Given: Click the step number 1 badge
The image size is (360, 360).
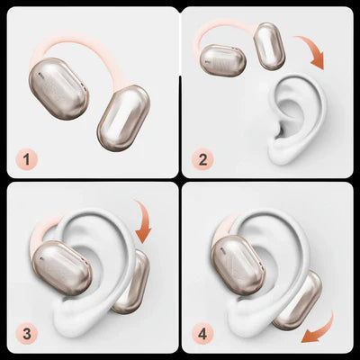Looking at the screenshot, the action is click(27, 159).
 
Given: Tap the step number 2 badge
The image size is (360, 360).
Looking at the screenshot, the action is click(202, 159).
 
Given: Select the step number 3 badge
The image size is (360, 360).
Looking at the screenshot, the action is click(27, 334).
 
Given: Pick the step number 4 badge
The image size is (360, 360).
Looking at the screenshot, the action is click(202, 334).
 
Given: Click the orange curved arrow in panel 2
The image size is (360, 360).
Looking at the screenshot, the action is click(313, 48).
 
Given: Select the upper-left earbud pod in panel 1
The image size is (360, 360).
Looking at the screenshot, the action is click(58, 89).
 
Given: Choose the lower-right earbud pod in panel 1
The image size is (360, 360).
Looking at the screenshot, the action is click(123, 118).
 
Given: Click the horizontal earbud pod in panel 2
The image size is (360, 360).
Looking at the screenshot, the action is click(223, 60).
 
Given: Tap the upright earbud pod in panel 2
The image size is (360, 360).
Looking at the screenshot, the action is click(269, 47).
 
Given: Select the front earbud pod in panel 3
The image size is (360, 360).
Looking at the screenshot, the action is click(62, 267).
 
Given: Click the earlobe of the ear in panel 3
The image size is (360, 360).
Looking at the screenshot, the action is click(72, 318).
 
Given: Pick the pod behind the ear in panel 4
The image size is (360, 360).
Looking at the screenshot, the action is click(300, 301).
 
